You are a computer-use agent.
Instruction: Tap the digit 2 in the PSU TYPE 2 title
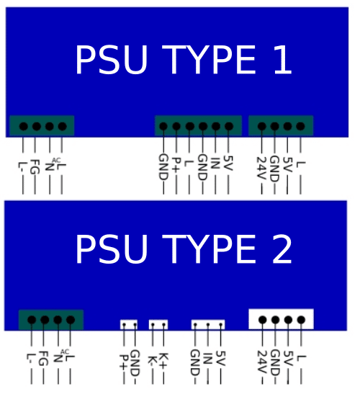tap(282, 249)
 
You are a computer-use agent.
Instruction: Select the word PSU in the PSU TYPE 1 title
tap(112, 60)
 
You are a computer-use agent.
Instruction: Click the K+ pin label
tap(163, 361)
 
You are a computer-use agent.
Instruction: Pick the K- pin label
tap(153, 361)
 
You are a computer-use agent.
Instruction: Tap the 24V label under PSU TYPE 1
tap(261, 167)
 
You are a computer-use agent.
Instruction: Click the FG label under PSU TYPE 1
tap(35, 167)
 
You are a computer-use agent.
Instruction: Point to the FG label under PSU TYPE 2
tap(43, 359)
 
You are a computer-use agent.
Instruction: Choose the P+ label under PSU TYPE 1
tap(176, 164)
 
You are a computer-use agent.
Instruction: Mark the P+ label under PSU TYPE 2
tap(124, 362)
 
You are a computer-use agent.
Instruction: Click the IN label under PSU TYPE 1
tap(215, 163)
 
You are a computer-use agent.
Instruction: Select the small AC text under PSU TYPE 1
tap(56, 161)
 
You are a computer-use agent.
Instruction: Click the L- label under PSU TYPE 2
tap(32, 359)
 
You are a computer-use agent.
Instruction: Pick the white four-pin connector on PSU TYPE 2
tap(281, 319)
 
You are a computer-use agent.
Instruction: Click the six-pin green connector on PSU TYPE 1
tap(199, 125)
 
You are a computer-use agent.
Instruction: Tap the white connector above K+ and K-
tap(158, 324)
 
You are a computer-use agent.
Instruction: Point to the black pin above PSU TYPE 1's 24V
tap(262, 126)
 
